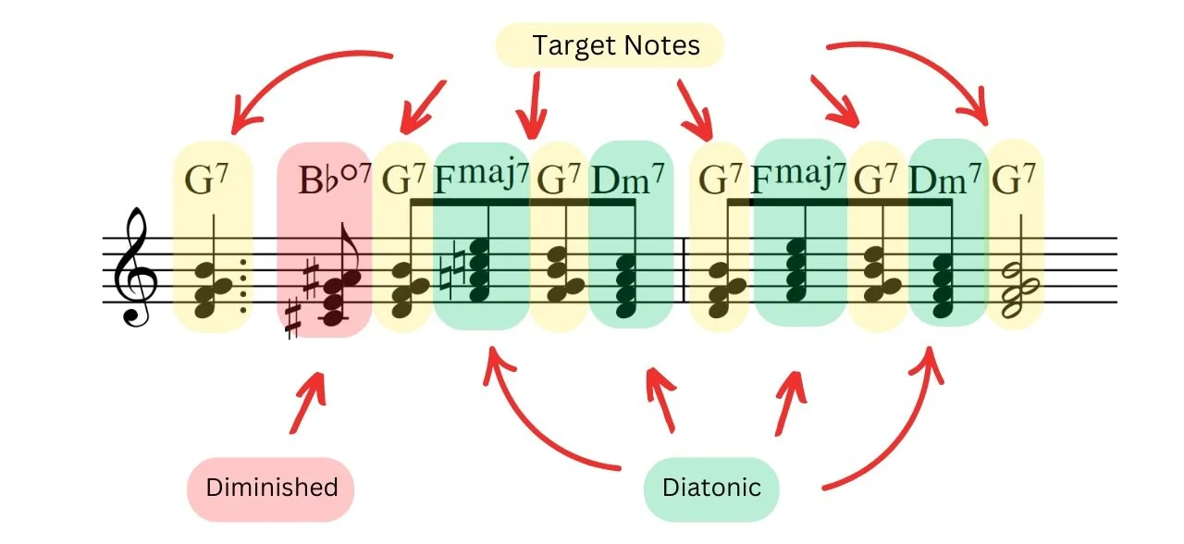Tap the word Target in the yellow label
pos(571,44)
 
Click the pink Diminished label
pos(271,488)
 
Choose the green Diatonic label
pos(711,488)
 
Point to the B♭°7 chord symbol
pos(334,179)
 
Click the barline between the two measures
pos(683,269)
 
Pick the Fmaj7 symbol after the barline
pos(798,176)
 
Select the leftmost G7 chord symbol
pos(210,179)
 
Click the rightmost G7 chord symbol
pos(1014,178)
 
